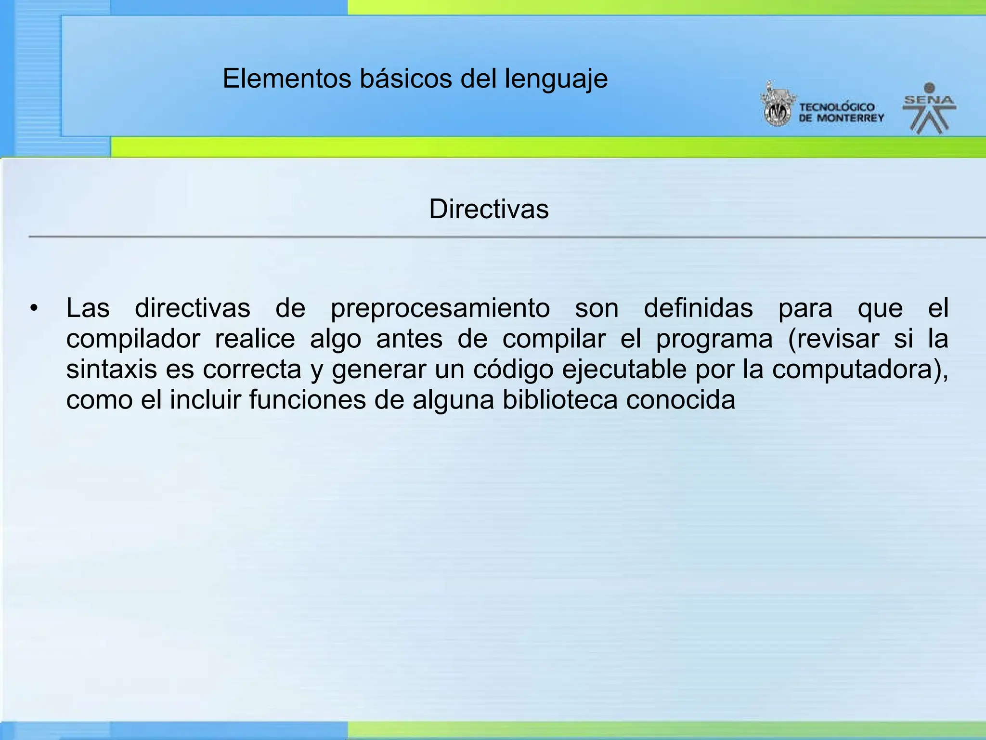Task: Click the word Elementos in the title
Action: coord(287,79)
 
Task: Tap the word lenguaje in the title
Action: coord(556,79)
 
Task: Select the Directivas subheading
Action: coord(489,209)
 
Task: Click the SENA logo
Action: coord(929,108)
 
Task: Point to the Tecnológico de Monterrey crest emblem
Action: coord(776,105)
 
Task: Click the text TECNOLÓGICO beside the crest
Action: coord(837,107)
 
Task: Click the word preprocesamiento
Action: coord(440,308)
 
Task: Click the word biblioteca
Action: coord(560,400)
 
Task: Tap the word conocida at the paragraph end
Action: coord(680,400)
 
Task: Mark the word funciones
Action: coord(307,400)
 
